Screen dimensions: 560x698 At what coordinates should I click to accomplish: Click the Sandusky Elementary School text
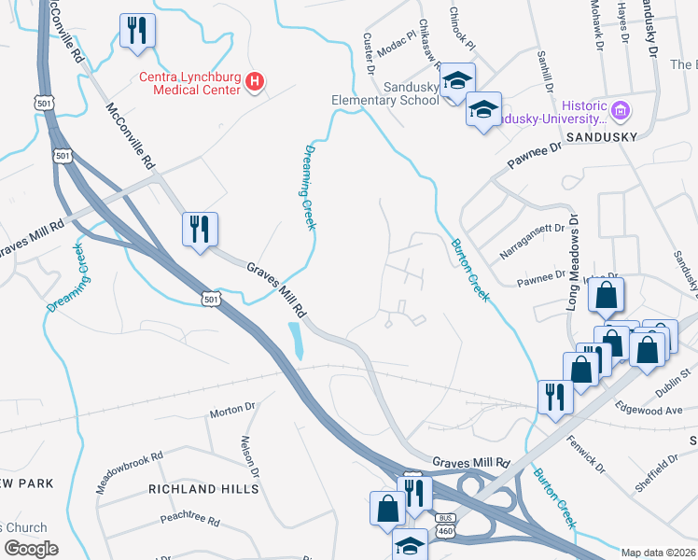[x=385, y=91]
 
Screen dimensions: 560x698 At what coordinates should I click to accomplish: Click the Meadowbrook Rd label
[x=130, y=473]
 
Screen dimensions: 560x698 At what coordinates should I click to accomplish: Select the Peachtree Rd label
[x=189, y=519]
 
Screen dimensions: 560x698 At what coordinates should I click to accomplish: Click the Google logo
[x=30, y=548]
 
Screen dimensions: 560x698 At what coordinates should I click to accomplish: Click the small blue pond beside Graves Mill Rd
[x=297, y=340]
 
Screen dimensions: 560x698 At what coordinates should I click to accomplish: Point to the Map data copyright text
[x=659, y=553]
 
